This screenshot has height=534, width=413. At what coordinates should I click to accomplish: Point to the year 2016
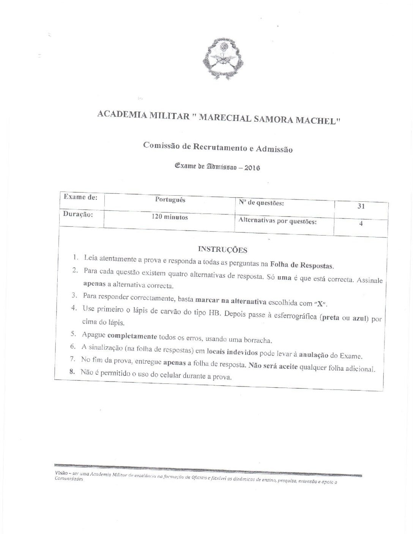pos(252,168)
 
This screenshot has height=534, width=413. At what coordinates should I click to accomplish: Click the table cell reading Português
pos(170,199)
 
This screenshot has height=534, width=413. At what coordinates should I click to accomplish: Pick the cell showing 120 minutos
pos(170,217)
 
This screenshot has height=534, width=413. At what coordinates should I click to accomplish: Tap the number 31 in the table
pos(361,207)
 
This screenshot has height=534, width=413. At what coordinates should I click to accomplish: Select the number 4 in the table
pos(361,224)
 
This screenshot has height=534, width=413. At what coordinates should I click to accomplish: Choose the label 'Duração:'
pos(78,214)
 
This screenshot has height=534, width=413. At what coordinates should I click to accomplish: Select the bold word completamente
pos(132,336)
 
